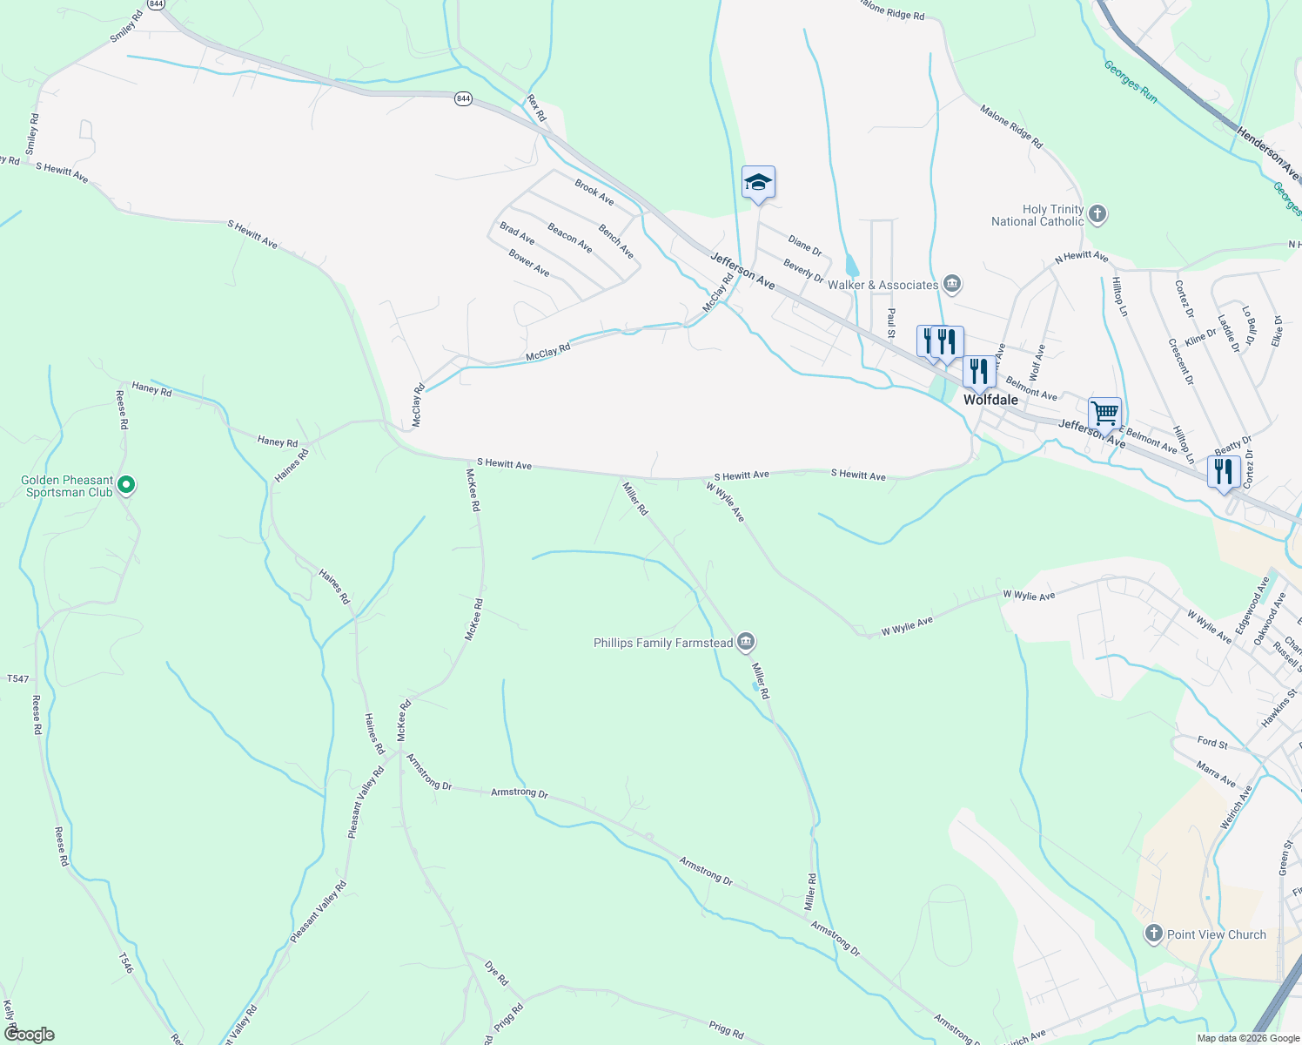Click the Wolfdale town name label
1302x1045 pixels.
point(990,400)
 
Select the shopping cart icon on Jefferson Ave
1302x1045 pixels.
point(1104,413)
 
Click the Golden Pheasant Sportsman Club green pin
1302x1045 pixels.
point(126,484)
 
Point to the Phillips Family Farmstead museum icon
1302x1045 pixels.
point(745,643)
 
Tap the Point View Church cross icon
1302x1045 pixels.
point(1154,934)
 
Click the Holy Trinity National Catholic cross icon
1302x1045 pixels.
point(1097,214)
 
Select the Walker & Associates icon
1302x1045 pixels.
point(952,284)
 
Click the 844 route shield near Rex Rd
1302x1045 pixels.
point(463,99)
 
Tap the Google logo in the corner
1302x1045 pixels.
point(29,1035)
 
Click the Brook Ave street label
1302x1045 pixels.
point(594,192)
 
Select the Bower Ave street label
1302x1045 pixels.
point(529,263)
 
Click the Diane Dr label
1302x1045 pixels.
point(804,245)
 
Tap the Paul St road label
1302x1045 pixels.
point(891,322)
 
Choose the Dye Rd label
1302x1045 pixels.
point(496,974)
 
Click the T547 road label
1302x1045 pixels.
point(17,678)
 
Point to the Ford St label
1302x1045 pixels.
point(1212,743)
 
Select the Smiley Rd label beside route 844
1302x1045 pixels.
point(125,27)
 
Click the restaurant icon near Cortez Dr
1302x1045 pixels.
point(1224,471)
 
